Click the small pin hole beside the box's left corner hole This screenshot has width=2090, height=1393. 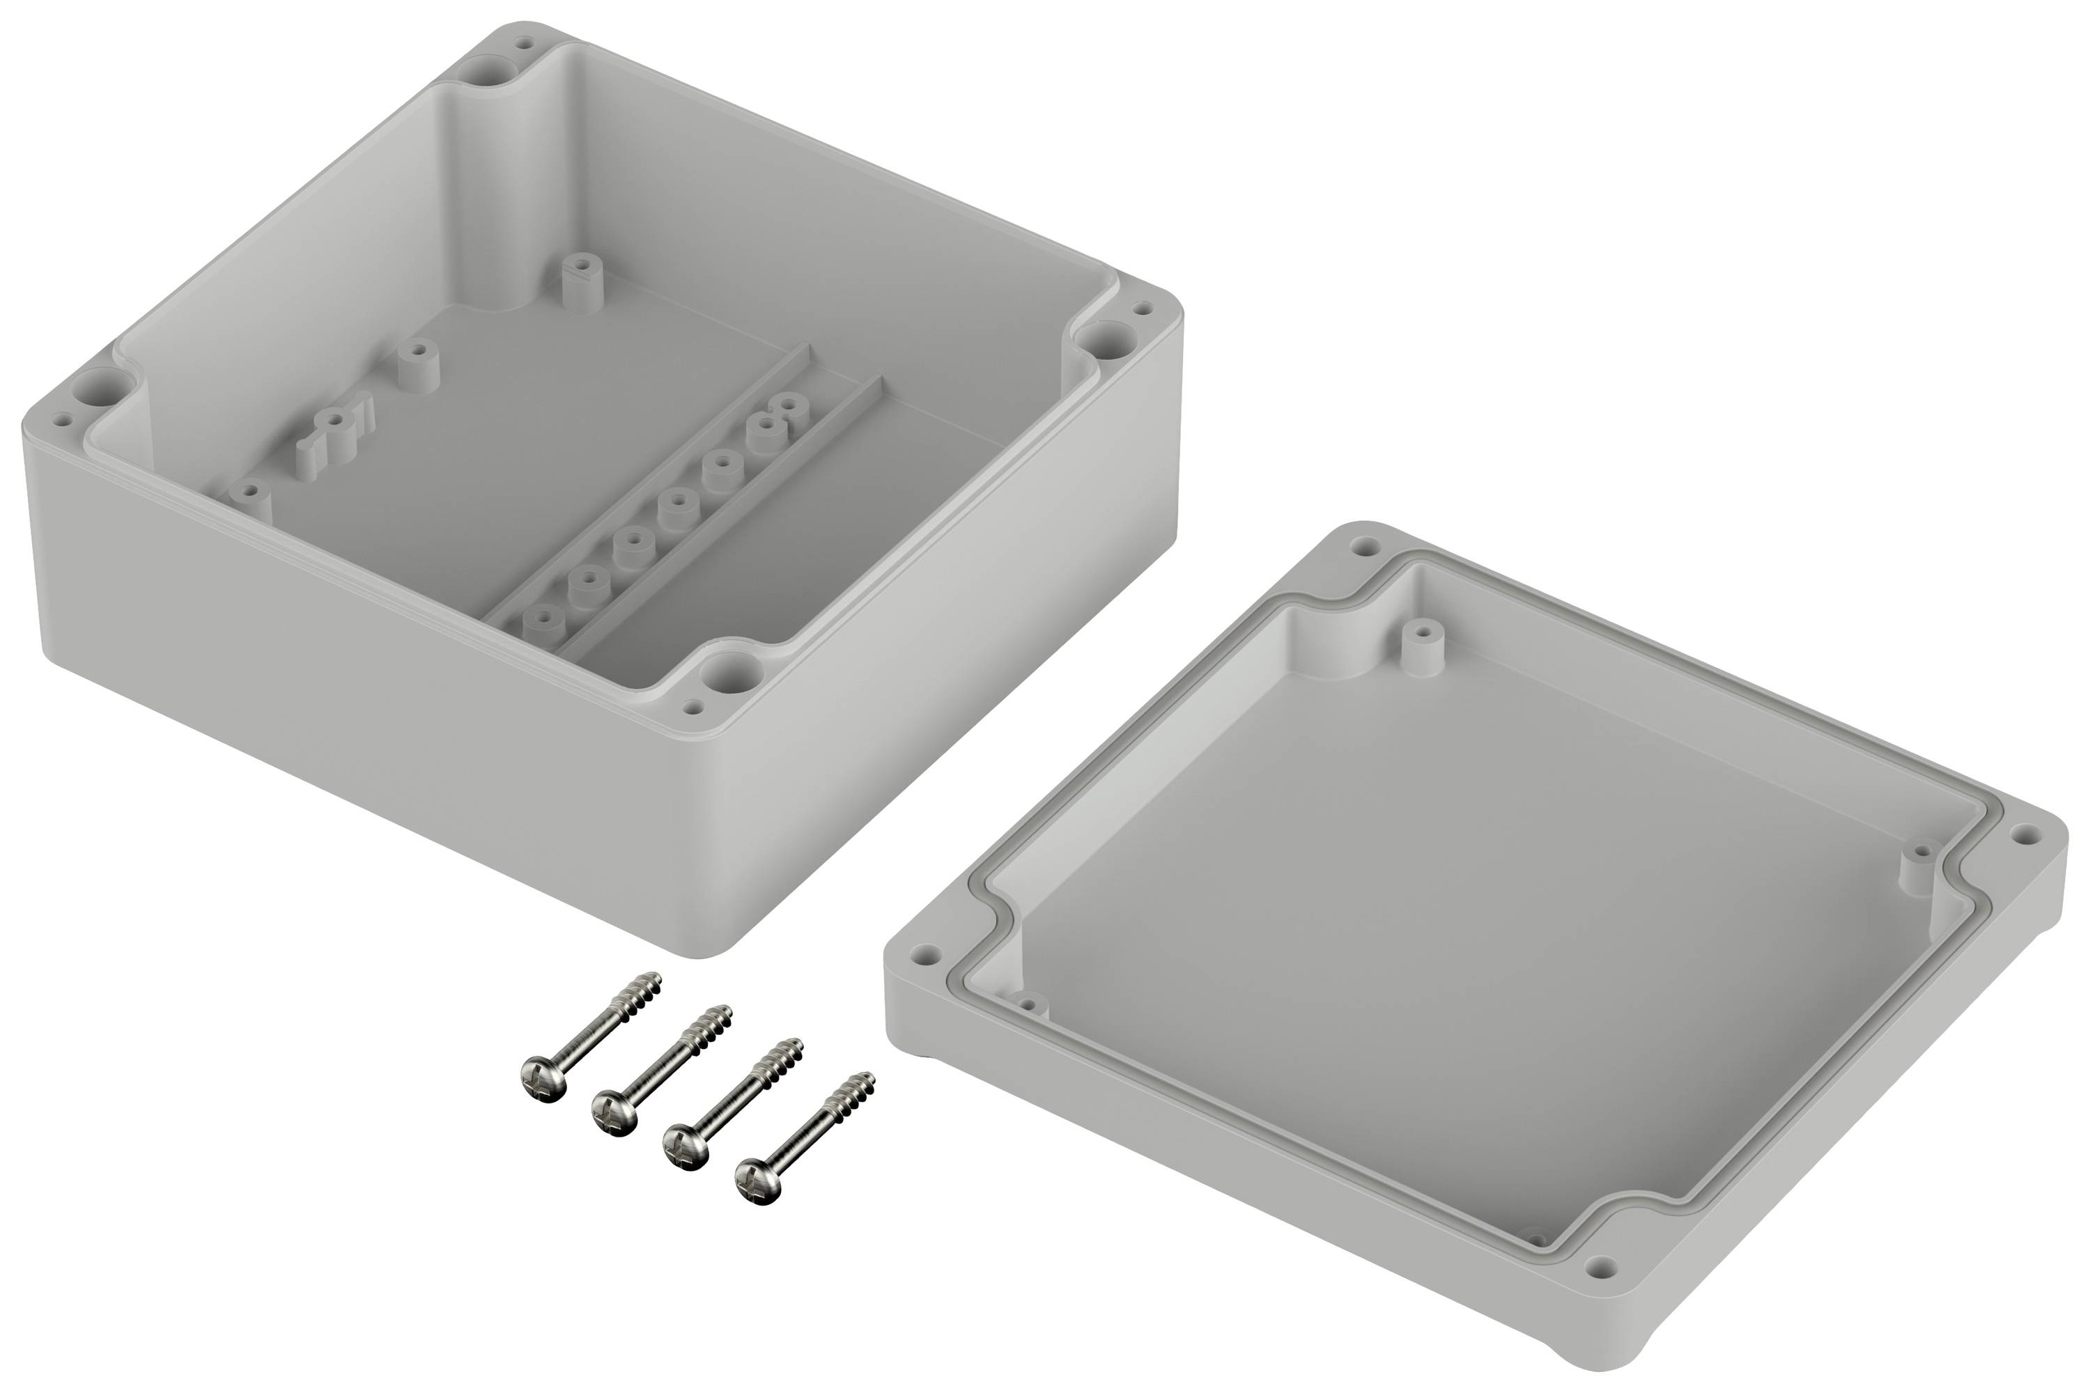(x=61, y=419)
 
